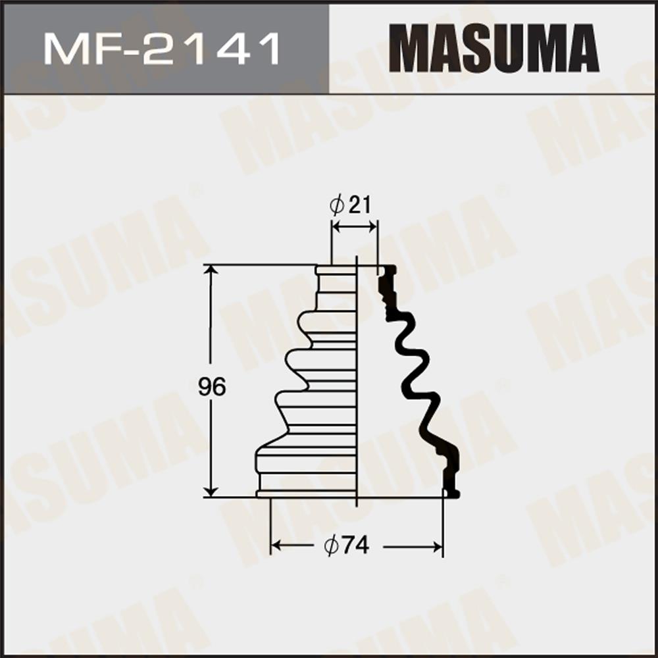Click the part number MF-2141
pos(162,49)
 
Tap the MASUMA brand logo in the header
pos(493,49)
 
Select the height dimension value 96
pos(212,387)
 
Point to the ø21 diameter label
pos(351,205)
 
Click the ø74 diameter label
pos(347,545)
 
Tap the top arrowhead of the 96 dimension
pos(211,270)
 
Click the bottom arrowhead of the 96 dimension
pos(211,491)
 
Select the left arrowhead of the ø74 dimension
pos(277,546)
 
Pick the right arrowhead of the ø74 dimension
pos(436,547)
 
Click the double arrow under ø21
pos(355,228)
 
